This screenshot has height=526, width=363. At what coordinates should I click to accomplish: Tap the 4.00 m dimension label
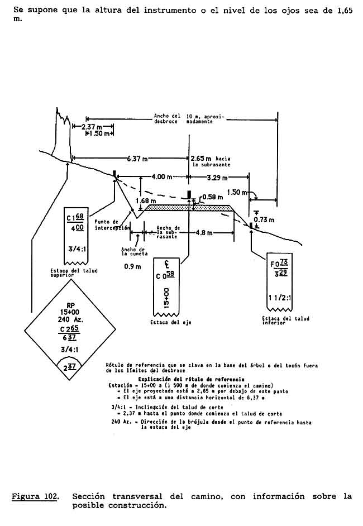161,177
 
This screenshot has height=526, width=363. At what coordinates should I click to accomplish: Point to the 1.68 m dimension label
145,200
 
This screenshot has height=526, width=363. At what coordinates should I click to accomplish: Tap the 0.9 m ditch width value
132,266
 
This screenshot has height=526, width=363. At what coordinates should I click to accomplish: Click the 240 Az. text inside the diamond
71,319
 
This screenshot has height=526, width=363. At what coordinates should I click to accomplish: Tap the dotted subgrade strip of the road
190,207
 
